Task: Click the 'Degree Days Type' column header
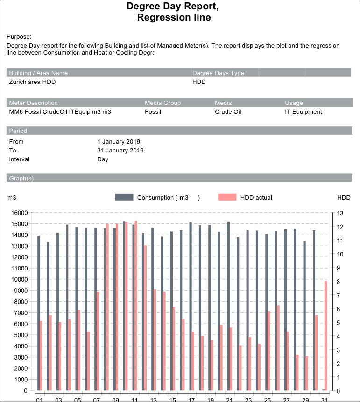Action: coord(218,73)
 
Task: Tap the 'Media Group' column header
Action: coord(162,103)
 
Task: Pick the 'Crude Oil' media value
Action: coord(230,112)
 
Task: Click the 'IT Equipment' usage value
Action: coord(304,112)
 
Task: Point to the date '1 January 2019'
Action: coord(119,142)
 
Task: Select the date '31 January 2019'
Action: coord(120,151)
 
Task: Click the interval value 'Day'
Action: coord(103,159)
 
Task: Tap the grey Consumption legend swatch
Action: coord(124,197)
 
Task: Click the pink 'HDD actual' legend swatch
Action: coord(227,197)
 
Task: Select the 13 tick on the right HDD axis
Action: coord(340,213)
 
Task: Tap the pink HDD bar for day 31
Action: coord(326,335)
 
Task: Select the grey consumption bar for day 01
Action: coord(39,313)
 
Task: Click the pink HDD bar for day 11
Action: coord(136,305)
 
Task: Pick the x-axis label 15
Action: coord(172,399)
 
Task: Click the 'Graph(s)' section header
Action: coord(21,179)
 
